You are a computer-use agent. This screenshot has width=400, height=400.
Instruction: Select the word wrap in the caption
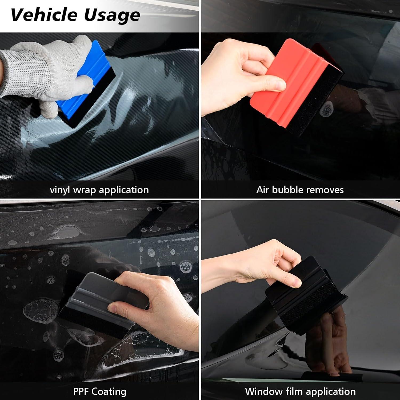(85, 190)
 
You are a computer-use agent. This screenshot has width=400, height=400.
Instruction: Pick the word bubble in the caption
(288, 190)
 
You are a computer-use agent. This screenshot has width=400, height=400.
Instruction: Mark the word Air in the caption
(262, 190)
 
